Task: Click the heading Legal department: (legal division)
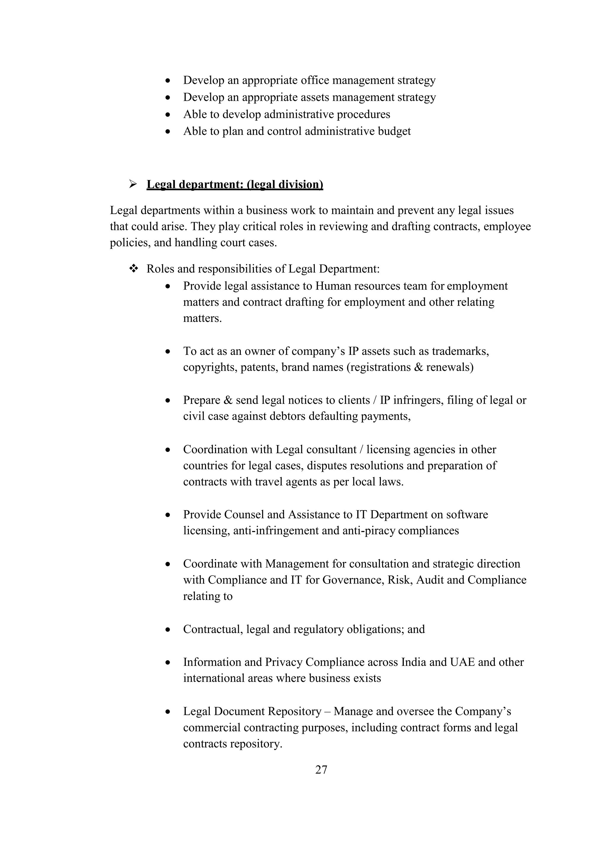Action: pyautogui.click(x=235, y=184)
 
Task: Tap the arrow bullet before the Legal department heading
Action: pyautogui.click(x=133, y=184)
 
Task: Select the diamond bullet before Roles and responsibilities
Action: pyautogui.click(x=133, y=268)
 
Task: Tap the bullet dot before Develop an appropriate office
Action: pyautogui.click(x=168, y=80)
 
